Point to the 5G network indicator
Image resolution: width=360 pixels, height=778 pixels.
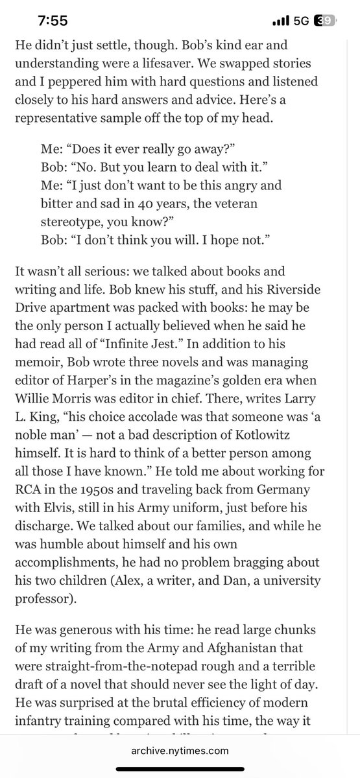click(x=300, y=21)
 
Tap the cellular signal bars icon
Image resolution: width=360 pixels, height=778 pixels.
click(x=280, y=21)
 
